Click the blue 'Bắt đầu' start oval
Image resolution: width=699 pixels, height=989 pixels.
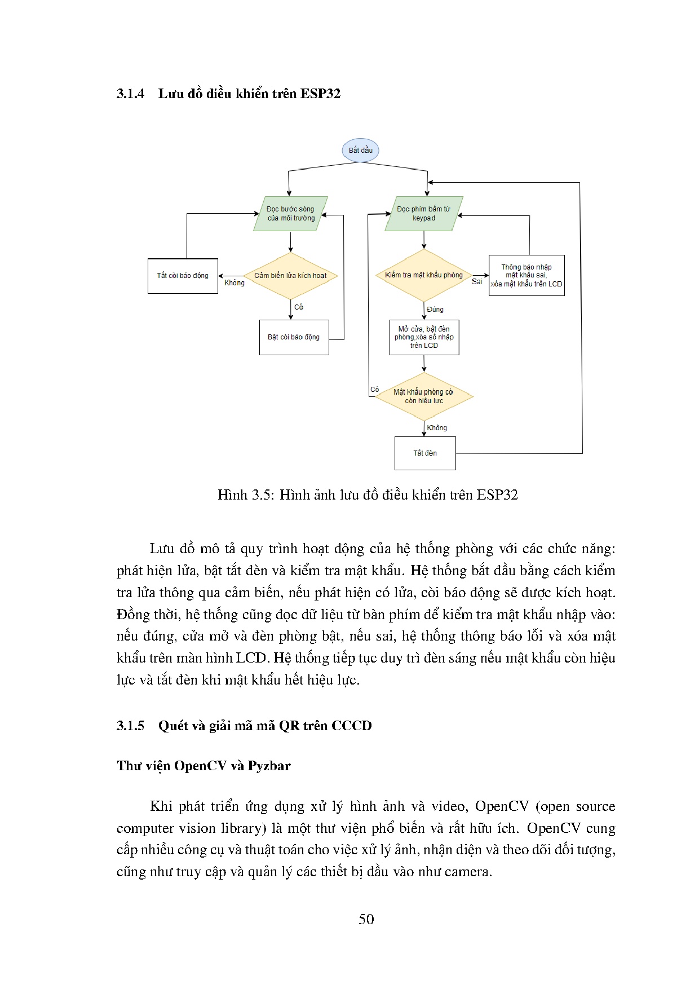click(360, 151)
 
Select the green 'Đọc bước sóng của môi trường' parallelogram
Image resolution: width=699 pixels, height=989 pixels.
click(290, 214)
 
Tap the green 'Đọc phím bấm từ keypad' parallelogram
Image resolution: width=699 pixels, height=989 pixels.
click(423, 214)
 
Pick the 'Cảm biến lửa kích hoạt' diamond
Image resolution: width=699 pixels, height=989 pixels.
click(290, 276)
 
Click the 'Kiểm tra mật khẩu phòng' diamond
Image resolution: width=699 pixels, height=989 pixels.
click(423, 275)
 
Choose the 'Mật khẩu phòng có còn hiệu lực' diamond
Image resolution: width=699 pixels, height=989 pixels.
click(423, 396)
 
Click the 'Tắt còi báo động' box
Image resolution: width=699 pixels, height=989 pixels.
click(183, 276)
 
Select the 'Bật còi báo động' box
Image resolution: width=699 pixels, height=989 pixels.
click(294, 337)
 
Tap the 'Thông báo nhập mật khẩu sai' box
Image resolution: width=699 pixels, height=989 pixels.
click(526, 275)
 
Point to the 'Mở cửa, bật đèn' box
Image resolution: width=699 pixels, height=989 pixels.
click(424, 337)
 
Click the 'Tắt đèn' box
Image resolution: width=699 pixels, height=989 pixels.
click(425, 453)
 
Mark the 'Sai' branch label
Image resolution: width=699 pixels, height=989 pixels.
click(477, 282)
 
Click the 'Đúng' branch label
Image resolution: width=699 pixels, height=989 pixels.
click(435, 310)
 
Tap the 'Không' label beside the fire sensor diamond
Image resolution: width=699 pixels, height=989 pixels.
click(235, 283)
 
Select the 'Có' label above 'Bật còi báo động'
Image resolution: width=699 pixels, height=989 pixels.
click(299, 307)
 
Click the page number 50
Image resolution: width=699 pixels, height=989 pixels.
click(366, 920)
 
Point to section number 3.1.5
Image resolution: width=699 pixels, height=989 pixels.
click(131, 726)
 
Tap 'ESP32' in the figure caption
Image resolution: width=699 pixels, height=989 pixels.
click(497, 495)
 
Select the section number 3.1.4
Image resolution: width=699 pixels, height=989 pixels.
click(131, 94)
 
